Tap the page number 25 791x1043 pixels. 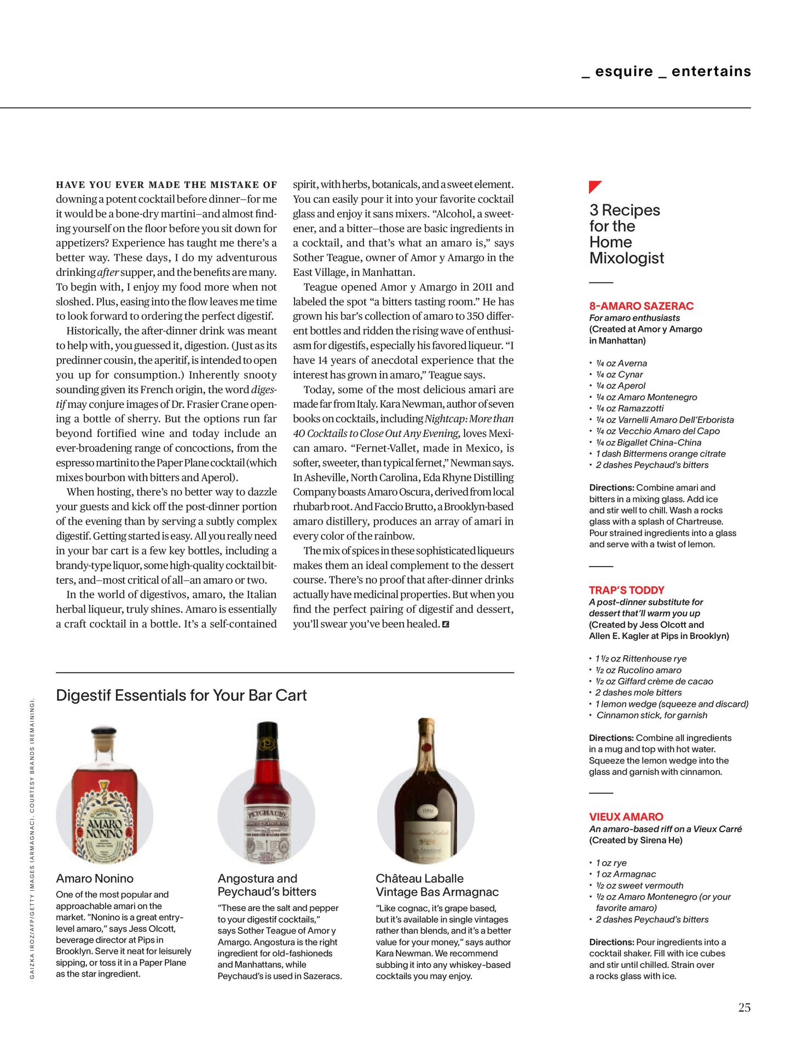[x=744, y=1007]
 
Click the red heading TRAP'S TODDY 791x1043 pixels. [x=626, y=590]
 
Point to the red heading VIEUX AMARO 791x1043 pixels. [x=626, y=817]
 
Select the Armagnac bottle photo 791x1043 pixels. [x=426, y=794]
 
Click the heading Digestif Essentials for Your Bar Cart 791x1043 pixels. [x=181, y=695]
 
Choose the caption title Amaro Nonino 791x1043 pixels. [x=95, y=879]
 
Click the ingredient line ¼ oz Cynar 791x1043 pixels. [x=619, y=374]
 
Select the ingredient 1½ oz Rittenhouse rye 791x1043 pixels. [x=640, y=659]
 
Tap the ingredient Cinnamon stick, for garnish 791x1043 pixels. [x=651, y=716]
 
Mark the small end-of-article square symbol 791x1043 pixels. [x=446, y=624]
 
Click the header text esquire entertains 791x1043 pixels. [x=666, y=72]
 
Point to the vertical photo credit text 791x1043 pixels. [x=32, y=838]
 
